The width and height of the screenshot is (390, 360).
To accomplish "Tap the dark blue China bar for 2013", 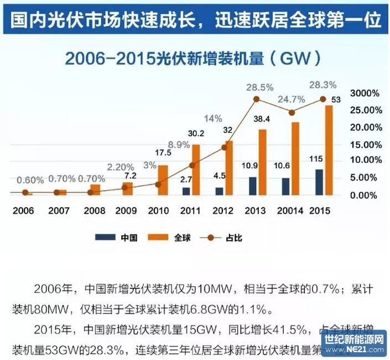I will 252,186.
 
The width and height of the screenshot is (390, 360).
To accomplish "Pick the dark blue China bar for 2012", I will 220,191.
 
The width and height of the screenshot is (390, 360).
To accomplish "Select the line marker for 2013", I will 257,99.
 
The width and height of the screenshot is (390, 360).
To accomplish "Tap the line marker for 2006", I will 25,192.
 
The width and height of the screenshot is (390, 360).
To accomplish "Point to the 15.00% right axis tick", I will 363,144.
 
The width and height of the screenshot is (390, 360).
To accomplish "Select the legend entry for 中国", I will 116,238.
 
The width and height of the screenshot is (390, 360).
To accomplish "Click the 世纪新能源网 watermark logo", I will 354,343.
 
